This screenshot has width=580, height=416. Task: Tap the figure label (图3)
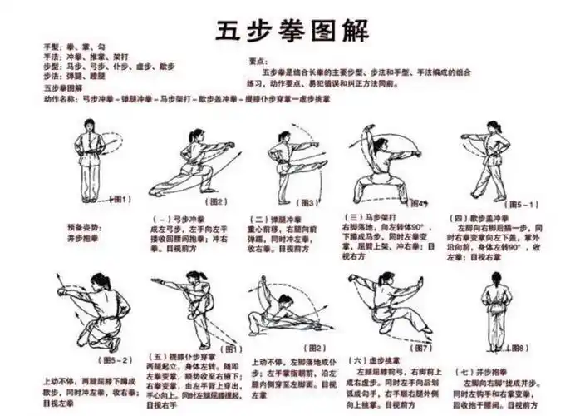coord(309,202)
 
